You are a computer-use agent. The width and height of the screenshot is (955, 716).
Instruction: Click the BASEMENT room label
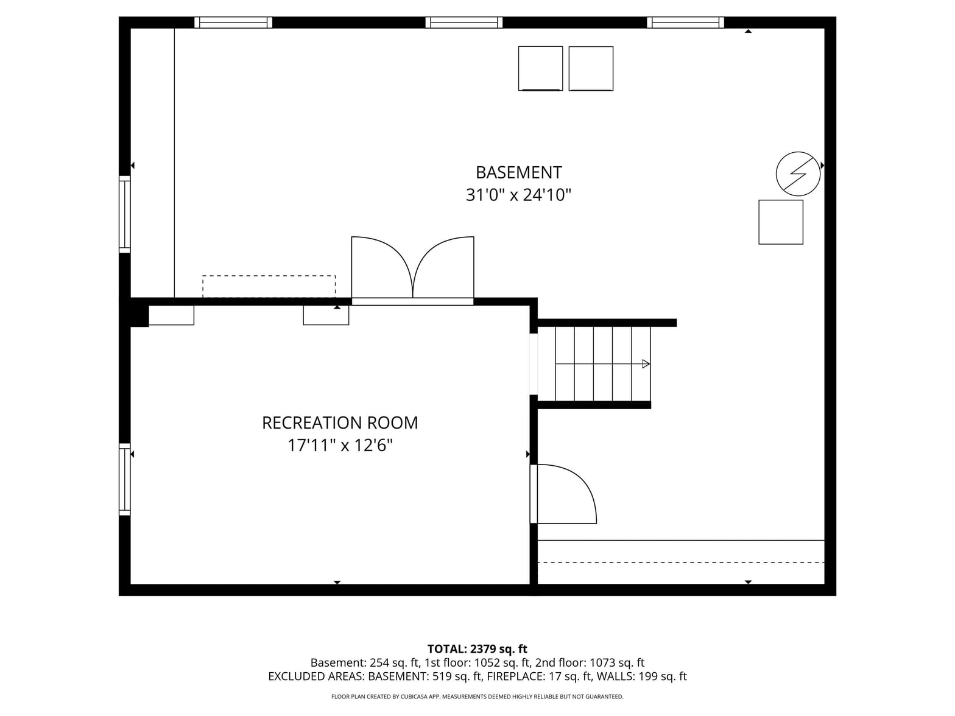[519, 172]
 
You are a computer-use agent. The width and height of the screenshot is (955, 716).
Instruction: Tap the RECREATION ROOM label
[340, 423]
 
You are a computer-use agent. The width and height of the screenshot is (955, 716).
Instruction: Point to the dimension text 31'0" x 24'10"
[518, 195]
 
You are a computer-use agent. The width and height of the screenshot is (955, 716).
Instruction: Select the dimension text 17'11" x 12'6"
[340, 446]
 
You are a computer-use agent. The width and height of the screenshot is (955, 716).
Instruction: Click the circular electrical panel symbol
[798, 174]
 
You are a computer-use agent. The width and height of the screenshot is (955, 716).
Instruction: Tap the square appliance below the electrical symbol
[781, 222]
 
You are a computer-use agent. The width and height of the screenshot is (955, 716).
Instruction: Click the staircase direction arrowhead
[646, 364]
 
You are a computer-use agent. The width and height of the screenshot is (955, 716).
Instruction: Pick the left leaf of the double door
[381, 267]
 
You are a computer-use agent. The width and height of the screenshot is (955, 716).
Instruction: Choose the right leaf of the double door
[444, 267]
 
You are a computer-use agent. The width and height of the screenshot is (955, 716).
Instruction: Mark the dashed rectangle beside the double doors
[269, 287]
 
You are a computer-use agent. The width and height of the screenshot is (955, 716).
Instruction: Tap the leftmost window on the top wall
[233, 22]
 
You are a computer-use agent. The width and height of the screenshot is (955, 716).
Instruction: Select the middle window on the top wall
[463, 22]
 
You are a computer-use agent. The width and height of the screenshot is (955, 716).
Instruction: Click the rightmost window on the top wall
[686, 22]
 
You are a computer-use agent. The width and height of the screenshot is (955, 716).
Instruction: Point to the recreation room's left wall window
[125, 479]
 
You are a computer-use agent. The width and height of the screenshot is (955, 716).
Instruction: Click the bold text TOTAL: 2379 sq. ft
[477, 649]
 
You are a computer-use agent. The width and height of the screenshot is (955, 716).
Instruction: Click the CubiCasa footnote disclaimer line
[477, 697]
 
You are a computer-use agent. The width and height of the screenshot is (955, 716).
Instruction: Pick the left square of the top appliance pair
[540, 68]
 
